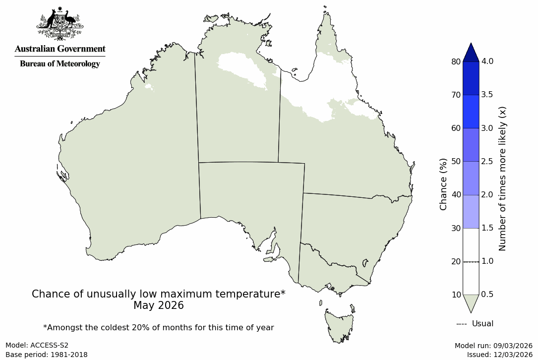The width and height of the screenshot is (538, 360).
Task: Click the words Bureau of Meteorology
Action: [x=60, y=64]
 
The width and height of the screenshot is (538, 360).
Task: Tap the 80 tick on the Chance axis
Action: [x=456, y=61]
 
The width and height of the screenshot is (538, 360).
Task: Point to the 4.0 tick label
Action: [x=487, y=61]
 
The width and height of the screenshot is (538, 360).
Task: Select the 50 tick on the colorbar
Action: [x=456, y=161]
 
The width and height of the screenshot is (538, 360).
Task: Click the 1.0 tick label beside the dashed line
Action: [x=487, y=261]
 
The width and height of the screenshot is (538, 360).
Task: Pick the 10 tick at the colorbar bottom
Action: [x=456, y=295]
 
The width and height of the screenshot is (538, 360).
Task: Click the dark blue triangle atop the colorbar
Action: [x=471, y=52]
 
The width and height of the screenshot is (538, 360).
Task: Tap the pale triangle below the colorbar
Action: [x=471, y=302]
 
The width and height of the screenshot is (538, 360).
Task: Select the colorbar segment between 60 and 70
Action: [x=471, y=112]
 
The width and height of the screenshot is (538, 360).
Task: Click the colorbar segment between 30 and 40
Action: [x=471, y=211]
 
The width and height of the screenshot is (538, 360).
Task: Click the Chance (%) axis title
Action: [x=443, y=184]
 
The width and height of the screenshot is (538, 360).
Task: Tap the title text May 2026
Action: [x=159, y=305]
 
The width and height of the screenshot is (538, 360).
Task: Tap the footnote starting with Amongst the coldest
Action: [x=159, y=327]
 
